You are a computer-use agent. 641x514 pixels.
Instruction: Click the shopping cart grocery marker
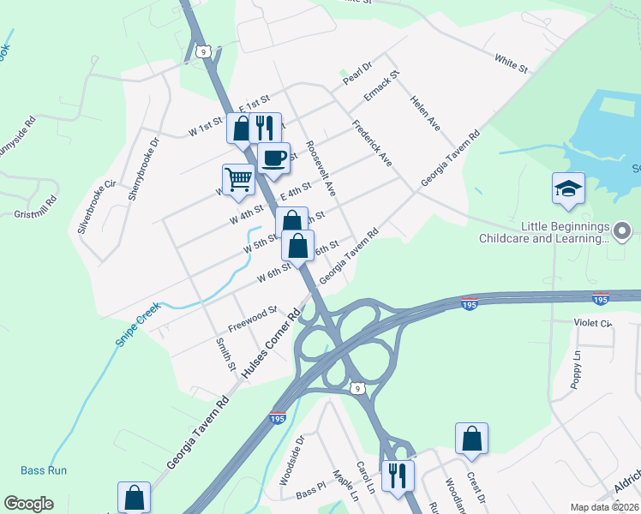click(238, 180)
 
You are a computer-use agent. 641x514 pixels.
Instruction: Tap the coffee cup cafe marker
click(273, 158)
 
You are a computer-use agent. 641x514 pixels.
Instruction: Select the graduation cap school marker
click(568, 188)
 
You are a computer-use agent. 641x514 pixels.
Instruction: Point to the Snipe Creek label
click(138, 324)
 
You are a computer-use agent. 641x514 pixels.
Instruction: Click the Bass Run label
click(45, 470)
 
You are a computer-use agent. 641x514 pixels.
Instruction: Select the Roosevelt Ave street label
click(320, 167)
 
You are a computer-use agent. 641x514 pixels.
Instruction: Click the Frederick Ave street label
click(372, 143)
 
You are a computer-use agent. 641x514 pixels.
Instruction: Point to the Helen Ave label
click(425, 113)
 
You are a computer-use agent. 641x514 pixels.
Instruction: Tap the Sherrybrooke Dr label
click(144, 169)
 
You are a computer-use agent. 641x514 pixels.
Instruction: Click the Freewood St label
click(252, 320)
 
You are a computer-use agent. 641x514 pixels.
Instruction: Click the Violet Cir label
click(592, 323)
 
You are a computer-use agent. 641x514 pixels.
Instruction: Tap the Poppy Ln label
click(576, 369)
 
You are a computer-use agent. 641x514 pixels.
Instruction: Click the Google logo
click(28, 504)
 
